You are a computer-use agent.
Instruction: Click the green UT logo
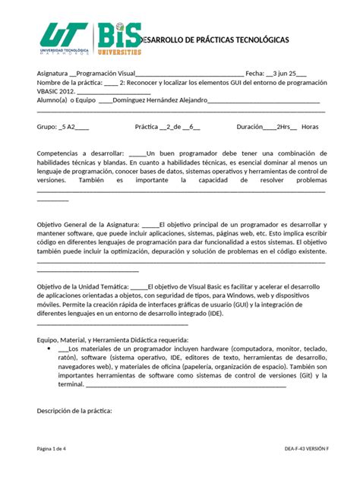pyautogui.click(x=65, y=37)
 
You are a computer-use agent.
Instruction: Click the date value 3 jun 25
pyautogui.click(x=286, y=73)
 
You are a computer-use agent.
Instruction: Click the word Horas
pyautogui.click(x=310, y=128)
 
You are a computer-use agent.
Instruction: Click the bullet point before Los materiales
pyautogui.click(x=49, y=349)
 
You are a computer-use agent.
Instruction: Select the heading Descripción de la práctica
pyautogui.click(x=74, y=411)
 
